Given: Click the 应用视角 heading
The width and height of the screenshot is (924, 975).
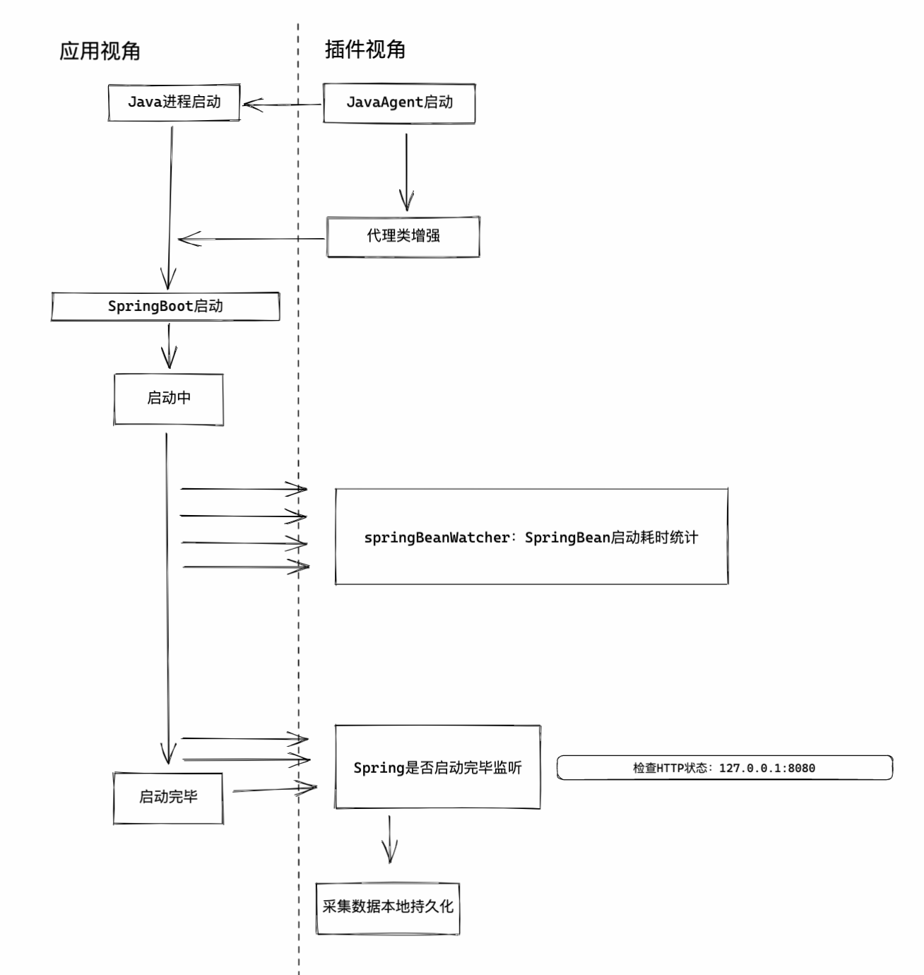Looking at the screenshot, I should (x=100, y=51).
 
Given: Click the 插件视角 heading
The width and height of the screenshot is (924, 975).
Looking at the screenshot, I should (x=365, y=49).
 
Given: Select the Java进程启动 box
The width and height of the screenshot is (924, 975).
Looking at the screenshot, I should (x=174, y=102).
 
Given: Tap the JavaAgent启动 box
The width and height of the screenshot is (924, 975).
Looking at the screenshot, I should (x=399, y=103).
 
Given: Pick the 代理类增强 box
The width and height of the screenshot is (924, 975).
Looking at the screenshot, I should (x=403, y=237).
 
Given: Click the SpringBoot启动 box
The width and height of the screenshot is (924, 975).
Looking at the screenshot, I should (x=165, y=307).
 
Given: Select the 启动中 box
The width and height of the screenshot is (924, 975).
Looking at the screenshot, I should (x=168, y=399).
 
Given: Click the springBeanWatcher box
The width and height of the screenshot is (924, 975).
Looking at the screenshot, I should (x=531, y=537).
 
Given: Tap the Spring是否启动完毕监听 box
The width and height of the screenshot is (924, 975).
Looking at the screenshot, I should (x=437, y=767).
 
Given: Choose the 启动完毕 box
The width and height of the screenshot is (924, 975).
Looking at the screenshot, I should (x=168, y=798).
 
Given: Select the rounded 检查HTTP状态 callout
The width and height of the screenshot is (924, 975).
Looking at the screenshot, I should (x=724, y=768).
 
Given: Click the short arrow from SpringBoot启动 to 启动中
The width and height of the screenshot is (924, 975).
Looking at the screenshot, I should (x=169, y=346).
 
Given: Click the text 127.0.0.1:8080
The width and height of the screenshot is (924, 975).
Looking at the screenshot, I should (x=766, y=768).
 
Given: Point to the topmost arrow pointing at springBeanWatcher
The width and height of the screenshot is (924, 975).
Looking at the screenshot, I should (x=244, y=488).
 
